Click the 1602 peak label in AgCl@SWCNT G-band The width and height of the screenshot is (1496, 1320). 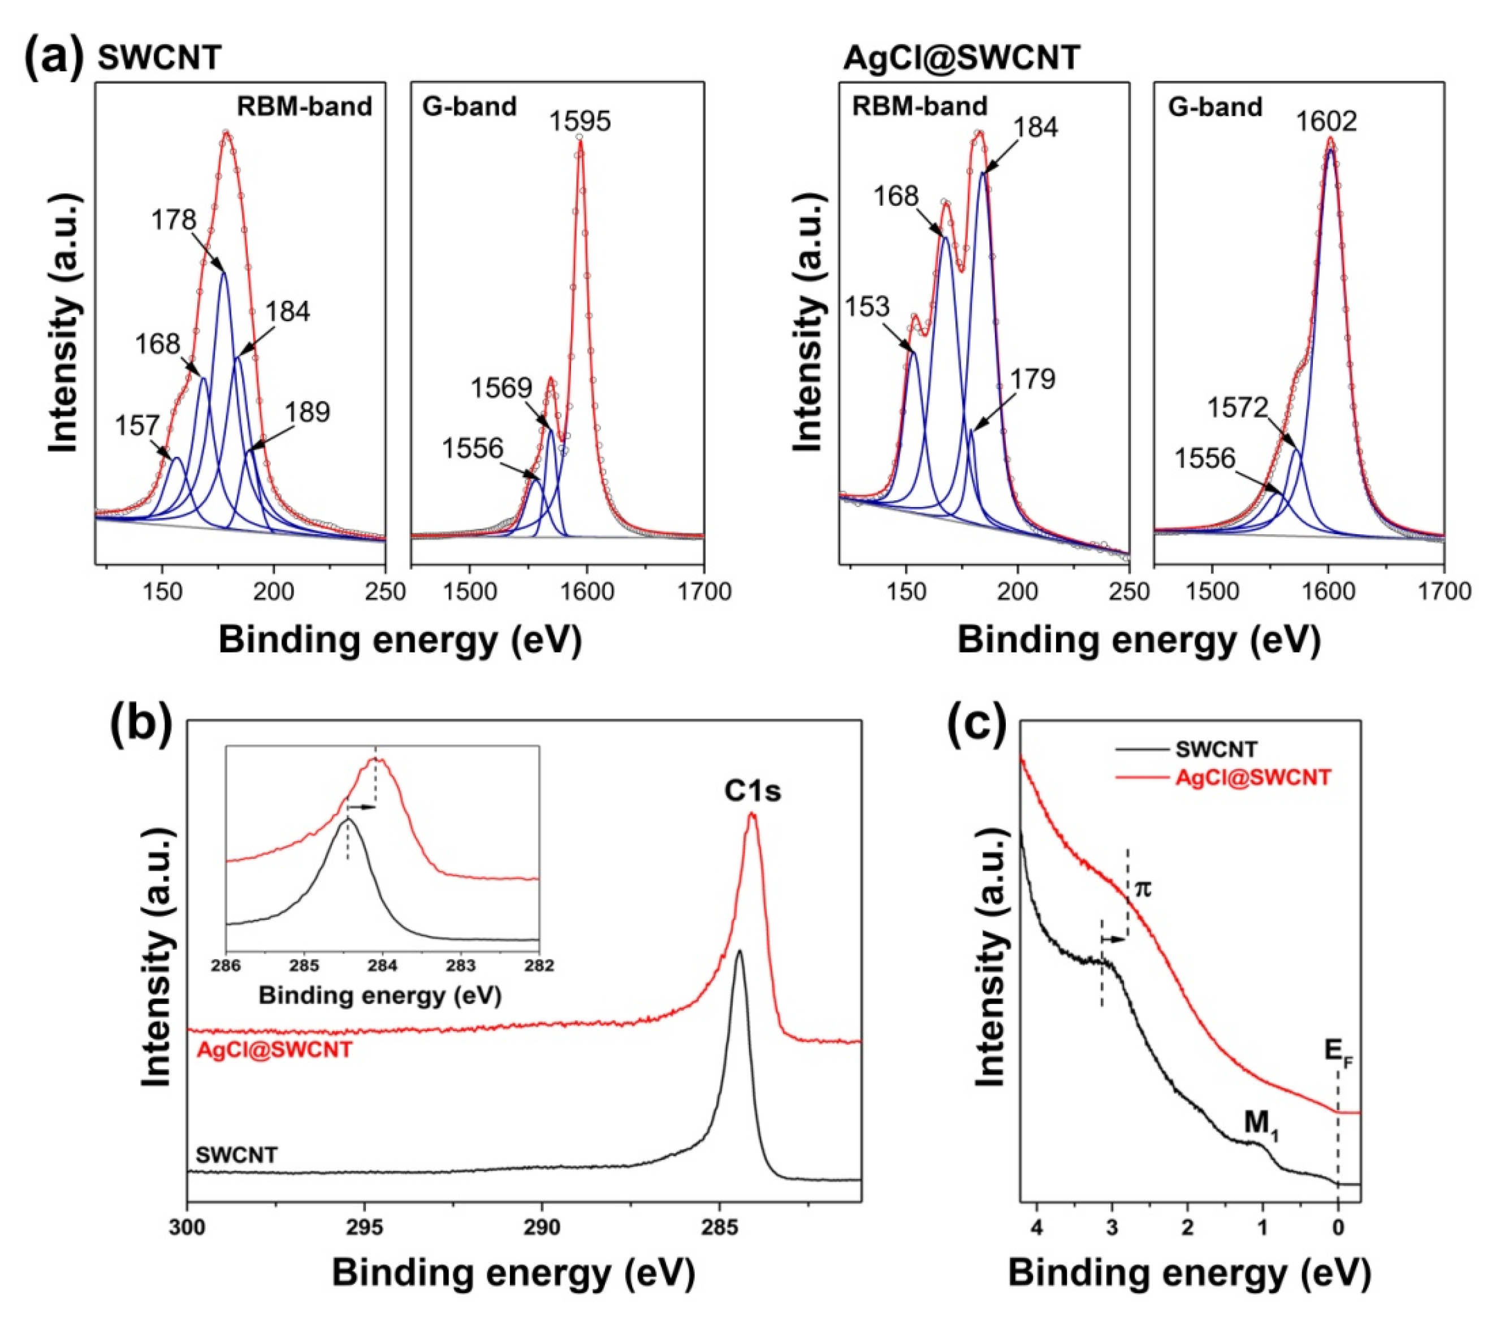1326,121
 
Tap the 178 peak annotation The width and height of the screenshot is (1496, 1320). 174,219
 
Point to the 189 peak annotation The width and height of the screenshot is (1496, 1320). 308,412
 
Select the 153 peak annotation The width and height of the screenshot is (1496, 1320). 867,306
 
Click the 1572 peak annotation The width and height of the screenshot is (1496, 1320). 1237,408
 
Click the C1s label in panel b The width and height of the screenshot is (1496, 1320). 753,791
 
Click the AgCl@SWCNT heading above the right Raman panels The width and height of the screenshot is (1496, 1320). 961,58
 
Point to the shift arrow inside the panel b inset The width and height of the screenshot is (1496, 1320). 361,807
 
